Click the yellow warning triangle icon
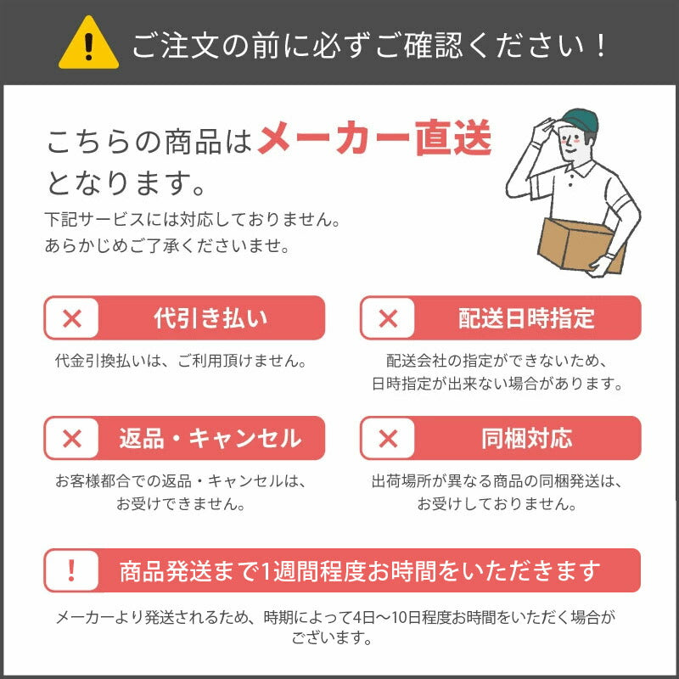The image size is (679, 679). click(x=88, y=44)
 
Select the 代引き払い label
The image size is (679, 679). click(x=210, y=318)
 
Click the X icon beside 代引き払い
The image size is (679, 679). click(x=72, y=318)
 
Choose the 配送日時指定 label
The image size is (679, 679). click(x=526, y=318)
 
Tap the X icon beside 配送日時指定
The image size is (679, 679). click(x=388, y=318)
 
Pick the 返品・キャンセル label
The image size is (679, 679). click(x=210, y=438)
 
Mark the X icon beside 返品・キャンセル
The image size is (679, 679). click(x=72, y=438)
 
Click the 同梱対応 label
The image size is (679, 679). click(x=526, y=438)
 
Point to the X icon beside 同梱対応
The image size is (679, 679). click(x=388, y=438)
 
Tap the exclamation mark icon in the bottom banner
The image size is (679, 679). click(x=72, y=570)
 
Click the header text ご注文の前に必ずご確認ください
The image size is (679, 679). click(x=370, y=45)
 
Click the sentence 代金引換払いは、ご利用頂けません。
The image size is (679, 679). click(x=180, y=360)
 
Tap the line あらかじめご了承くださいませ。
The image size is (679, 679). click(x=166, y=246)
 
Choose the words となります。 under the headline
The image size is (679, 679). click(x=126, y=180)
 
